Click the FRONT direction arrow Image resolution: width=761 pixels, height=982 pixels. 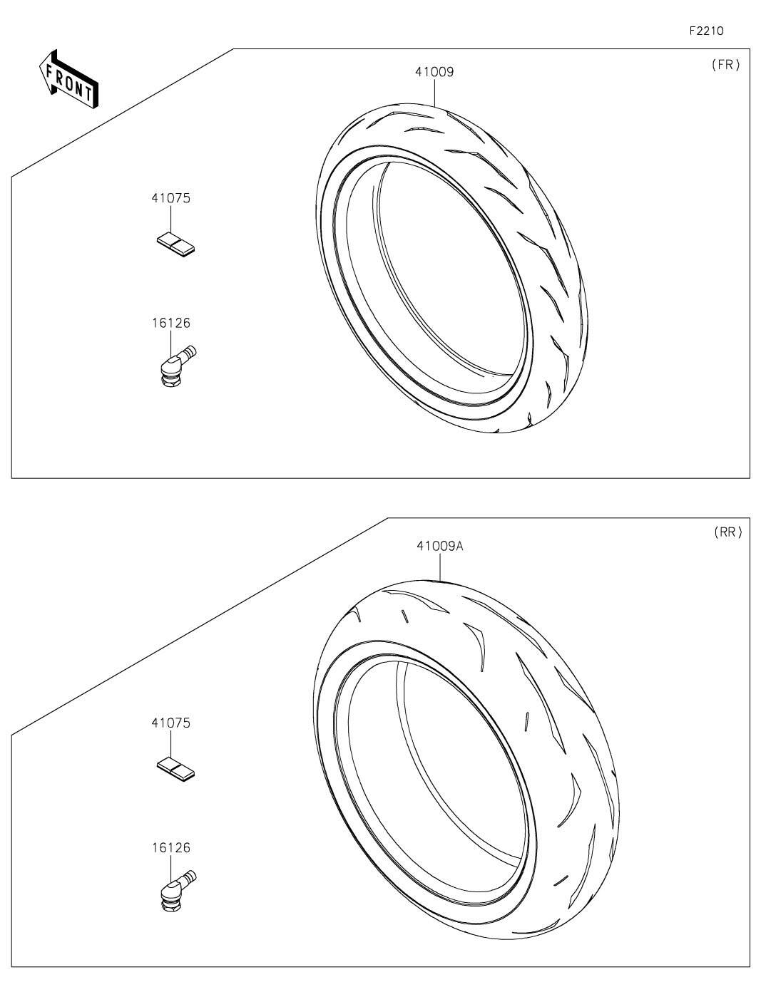[68, 80]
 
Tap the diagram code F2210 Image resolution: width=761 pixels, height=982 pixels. [706, 31]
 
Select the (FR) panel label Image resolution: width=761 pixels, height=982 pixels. [726, 65]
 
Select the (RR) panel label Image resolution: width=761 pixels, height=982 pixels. [727, 532]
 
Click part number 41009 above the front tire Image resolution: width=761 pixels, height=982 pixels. [434, 72]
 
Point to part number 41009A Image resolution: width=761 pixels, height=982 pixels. [440, 547]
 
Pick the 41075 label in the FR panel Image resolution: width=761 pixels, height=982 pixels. [171, 198]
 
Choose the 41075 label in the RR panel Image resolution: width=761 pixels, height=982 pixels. [171, 723]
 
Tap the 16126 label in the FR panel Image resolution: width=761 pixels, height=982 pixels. [171, 323]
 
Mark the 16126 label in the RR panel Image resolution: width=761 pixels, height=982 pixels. [171, 848]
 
